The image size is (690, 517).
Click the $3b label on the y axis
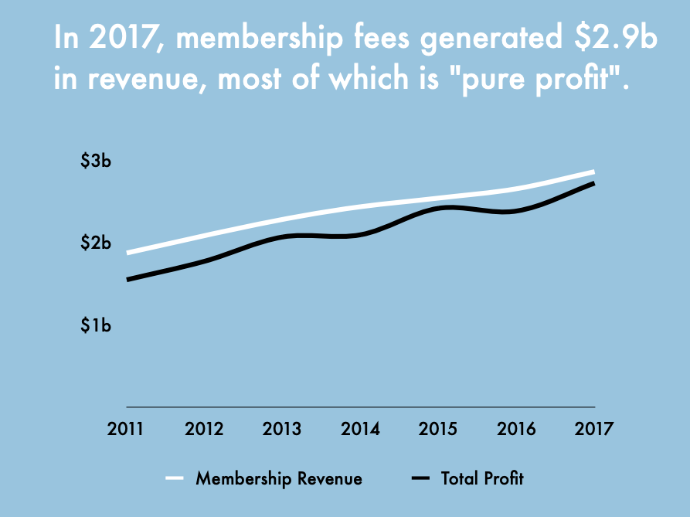click(x=96, y=162)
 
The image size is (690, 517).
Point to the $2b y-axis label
click(x=96, y=243)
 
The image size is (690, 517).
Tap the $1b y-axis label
click(x=96, y=325)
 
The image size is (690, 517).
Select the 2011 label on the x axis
click(x=127, y=428)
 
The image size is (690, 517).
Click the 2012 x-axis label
click(x=205, y=428)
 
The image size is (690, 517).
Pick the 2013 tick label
click(x=283, y=428)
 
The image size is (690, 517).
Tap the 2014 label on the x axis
click(x=361, y=428)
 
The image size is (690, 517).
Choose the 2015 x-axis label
click(x=439, y=428)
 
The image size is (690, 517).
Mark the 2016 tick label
click(x=517, y=428)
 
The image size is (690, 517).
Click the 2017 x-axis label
click(x=594, y=428)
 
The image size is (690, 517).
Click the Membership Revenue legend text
click(x=279, y=478)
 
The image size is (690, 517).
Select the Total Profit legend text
click(x=482, y=478)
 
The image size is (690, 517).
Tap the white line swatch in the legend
click(x=175, y=478)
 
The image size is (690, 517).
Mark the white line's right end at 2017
click(x=593, y=172)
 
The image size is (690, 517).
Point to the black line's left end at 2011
click(x=127, y=279)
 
